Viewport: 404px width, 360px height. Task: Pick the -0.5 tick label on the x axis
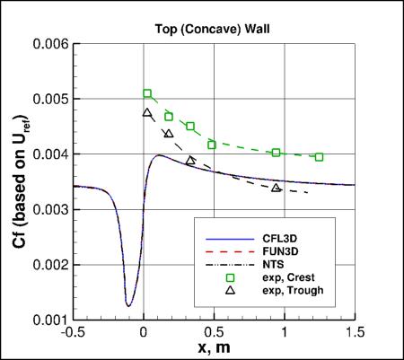pos(73,331)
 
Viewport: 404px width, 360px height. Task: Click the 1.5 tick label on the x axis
pos(356,331)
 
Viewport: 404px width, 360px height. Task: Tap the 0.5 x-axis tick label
pos(214,331)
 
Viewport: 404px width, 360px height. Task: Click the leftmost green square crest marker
pos(148,93)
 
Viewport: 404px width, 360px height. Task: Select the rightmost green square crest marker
pos(319,156)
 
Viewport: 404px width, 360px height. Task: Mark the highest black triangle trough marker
pos(147,113)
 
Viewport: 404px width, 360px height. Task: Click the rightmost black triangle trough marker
pos(277,188)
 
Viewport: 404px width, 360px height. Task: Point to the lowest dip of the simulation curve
pos(128,306)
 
